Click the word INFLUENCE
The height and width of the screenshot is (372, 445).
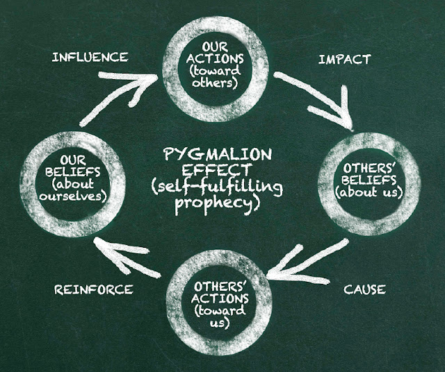[x=91, y=56]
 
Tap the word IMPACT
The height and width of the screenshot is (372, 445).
[x=343, y=59]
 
